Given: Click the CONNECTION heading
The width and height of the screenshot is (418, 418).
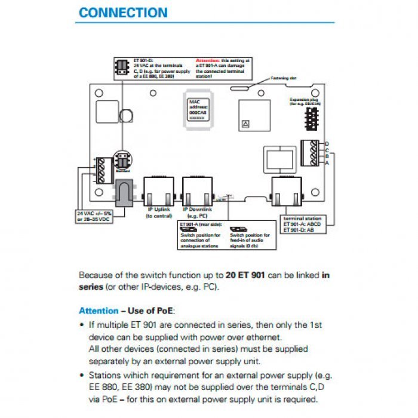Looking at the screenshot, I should point(123,13).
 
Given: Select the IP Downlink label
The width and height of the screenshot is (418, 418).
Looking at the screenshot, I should point(197,213).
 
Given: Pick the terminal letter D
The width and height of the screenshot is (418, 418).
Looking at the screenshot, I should point(326,144).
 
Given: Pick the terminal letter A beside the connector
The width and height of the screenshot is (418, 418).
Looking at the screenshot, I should point(326,162).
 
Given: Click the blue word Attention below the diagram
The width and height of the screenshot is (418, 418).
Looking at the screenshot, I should point(99,311).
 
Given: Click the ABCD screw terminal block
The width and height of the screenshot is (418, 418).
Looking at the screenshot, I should point(311,152).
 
